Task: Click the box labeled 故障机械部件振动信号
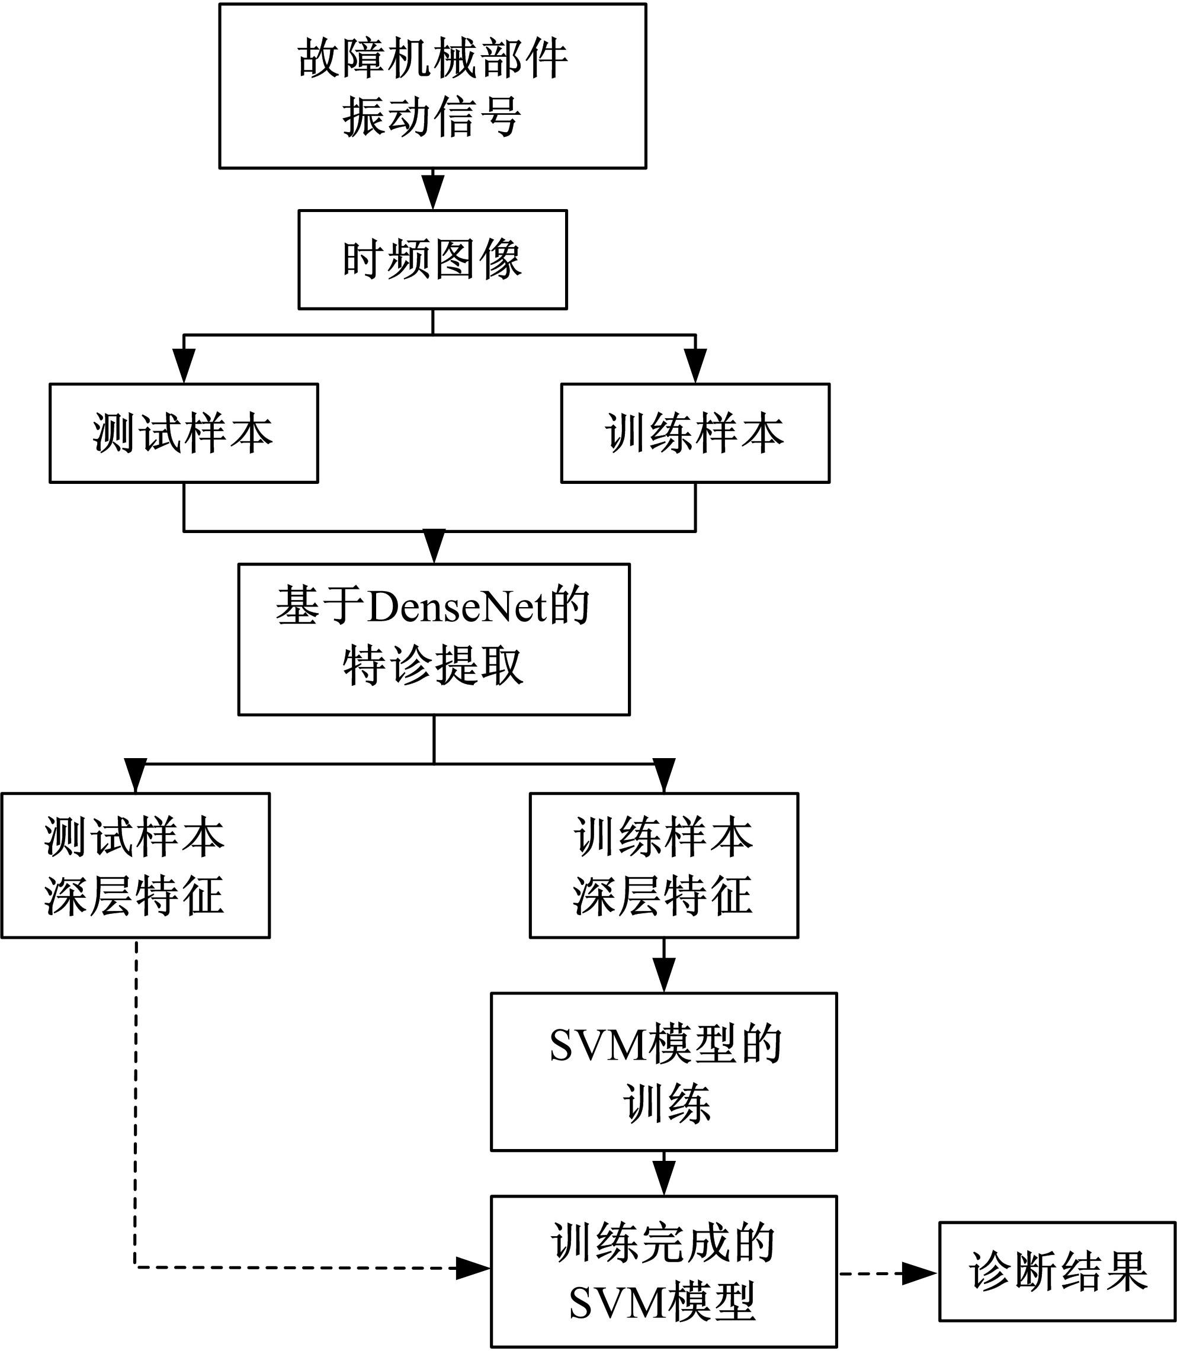pos(432,86)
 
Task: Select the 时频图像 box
pos(432,259)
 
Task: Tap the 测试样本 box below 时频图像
pos(184,434)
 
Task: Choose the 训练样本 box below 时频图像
pos(695,434)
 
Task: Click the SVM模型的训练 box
pos(663,1073)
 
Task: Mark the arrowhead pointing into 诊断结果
pos(919,1273)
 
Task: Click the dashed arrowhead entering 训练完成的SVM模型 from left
pos(472,1268)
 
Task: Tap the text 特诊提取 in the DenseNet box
pos(433,666)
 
